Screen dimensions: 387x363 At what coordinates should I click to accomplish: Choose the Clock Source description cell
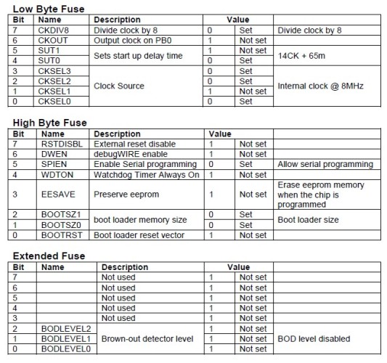(120, 86)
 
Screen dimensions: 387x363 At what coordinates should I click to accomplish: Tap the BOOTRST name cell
(60, 235)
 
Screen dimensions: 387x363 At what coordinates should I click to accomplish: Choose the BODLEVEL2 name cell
(63, 328)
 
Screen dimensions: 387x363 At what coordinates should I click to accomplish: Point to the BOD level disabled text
(314, 338)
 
